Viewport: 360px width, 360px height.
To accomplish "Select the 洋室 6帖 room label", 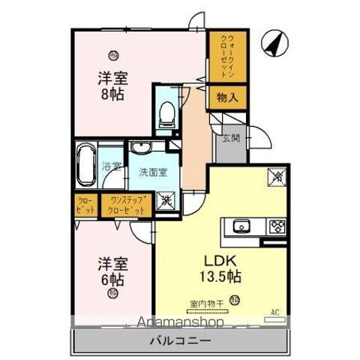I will tap(110, 271).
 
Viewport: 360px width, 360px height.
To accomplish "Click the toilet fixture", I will tap(166, 113).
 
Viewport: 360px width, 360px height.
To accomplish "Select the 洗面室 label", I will tap(152, 172).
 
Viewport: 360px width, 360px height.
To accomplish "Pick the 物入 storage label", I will tap(227, 96).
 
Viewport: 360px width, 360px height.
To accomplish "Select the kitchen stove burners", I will tap(276, 225).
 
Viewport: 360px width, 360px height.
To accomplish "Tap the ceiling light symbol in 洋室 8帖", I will tap(113, 53).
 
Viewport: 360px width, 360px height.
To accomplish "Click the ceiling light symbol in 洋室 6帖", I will tap(112, 295).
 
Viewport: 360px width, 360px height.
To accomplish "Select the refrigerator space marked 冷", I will tap(276, 178).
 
